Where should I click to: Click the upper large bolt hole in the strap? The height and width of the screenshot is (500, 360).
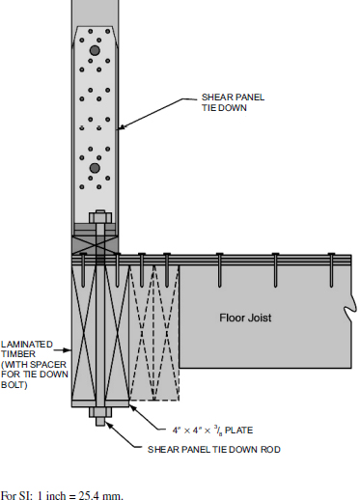(94, 50)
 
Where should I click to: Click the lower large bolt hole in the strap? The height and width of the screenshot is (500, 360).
(94, 168)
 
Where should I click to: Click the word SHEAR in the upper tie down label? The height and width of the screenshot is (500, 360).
(215, 97)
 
